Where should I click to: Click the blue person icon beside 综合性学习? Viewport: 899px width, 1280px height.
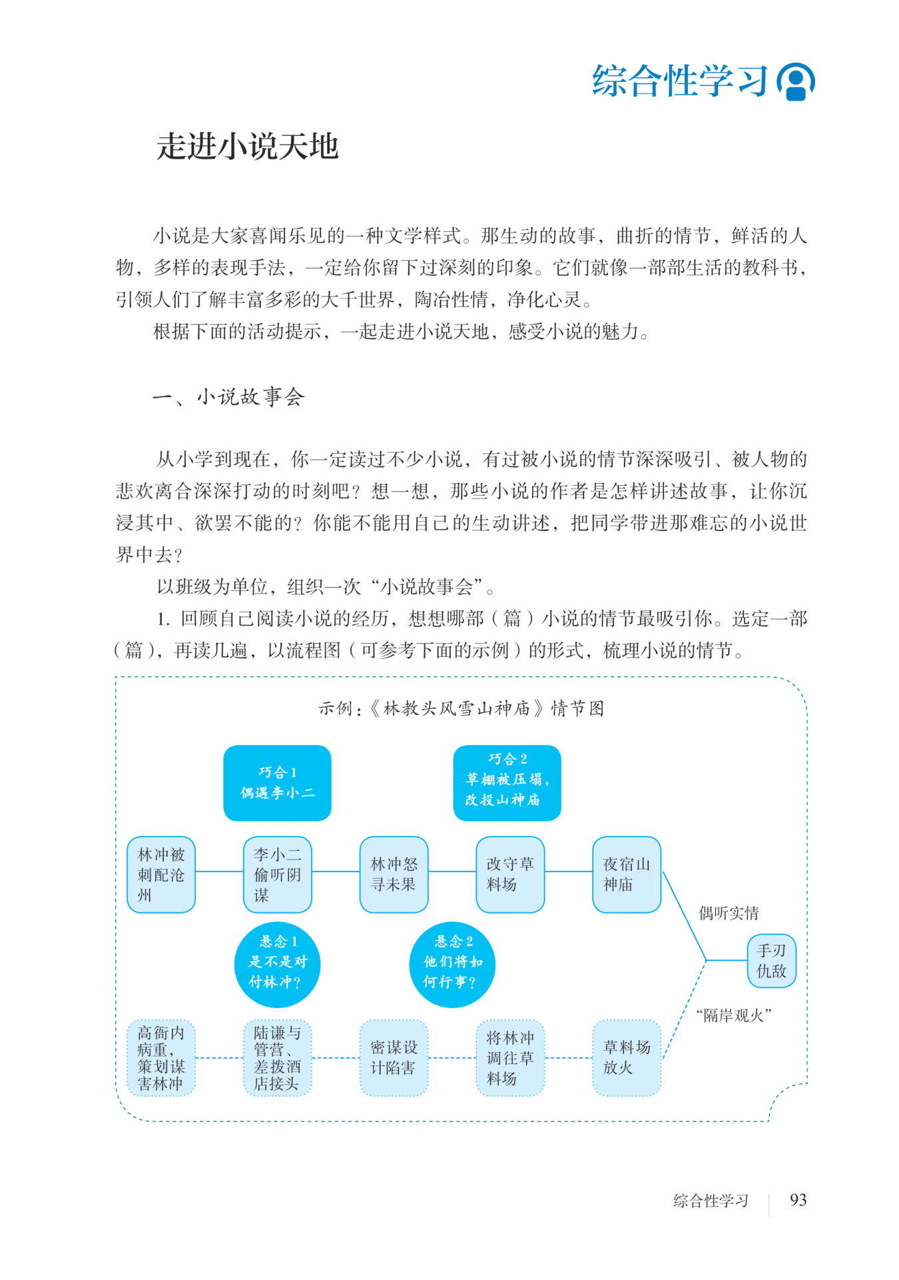click(796, 82)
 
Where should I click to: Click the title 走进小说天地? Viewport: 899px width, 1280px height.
click(248, 147)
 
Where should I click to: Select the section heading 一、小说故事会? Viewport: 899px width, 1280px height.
click(228, 397)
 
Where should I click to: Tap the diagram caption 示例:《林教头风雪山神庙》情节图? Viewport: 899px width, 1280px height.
click(461, 708)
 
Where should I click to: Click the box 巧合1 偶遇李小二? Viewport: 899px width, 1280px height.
click(277, 782)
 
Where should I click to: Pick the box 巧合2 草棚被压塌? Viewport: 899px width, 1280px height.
click(507, 782)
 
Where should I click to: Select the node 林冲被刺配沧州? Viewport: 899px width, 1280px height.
click(161, 874)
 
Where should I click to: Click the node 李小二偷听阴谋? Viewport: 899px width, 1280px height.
click(277, 874)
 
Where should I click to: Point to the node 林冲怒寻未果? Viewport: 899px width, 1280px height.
click(394, 874)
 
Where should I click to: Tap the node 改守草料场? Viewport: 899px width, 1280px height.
click(510, 874)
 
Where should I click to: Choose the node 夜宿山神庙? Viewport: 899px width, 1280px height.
click(627, 874)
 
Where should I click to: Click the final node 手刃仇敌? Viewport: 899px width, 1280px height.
click(771, 960)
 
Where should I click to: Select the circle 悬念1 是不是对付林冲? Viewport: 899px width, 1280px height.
click(277, 964)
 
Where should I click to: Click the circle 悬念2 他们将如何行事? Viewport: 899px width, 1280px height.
click(452, 964)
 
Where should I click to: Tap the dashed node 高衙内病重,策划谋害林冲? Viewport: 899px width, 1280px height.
click(161, 1057)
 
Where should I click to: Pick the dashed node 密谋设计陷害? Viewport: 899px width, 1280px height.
click(394, 1057)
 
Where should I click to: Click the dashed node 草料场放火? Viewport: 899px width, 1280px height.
click(627, 1057)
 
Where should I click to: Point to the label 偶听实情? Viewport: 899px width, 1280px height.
click(729, 913)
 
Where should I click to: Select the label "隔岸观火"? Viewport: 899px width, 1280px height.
click(734, 1015)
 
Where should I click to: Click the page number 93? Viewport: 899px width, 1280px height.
click(798, 1200)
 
